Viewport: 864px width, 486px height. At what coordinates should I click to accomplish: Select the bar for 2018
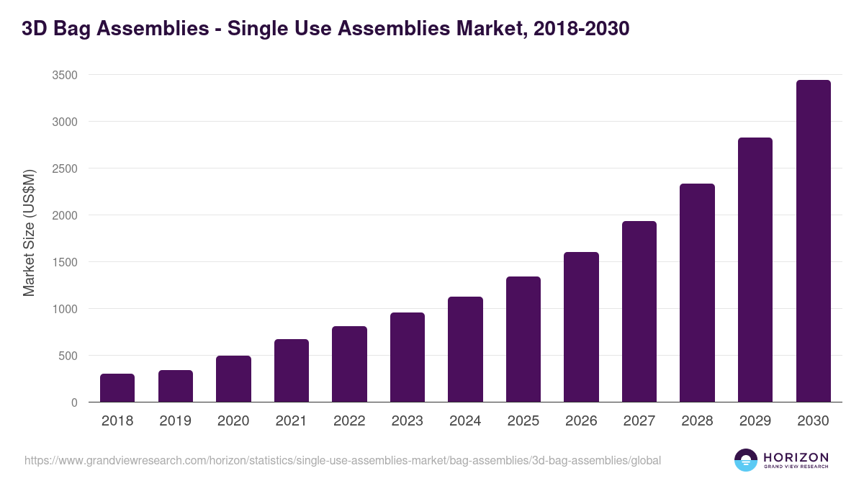click(117, 388)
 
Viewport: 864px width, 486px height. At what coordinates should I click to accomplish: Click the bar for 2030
click(813, 241)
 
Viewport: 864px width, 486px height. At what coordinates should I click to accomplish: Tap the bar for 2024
click(465, 349)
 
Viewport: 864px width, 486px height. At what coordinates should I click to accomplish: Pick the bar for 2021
click(292, 371)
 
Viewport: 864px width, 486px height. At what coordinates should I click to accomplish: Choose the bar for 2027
click(639, 312)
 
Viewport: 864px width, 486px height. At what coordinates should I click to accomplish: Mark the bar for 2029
click(755, 270)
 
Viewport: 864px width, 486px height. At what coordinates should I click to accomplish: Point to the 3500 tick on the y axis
click(64, 75)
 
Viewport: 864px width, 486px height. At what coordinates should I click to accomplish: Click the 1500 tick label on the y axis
click(64, 262)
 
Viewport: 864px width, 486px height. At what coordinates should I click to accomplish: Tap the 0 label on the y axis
click(74, 402)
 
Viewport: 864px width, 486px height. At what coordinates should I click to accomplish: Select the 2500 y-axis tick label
click(64, 168)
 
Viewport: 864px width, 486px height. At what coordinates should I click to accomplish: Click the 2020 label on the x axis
click(233, 421)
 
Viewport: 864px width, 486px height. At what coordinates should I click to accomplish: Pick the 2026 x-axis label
click(581, 421)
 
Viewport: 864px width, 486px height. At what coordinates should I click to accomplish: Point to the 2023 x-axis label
click(408, 421)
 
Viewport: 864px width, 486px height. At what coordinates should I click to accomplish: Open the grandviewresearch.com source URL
click(343, 460)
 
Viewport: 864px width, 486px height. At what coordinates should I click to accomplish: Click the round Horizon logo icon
click(745, 460)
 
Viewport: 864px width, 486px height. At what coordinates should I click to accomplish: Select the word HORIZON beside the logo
click(796, 457)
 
